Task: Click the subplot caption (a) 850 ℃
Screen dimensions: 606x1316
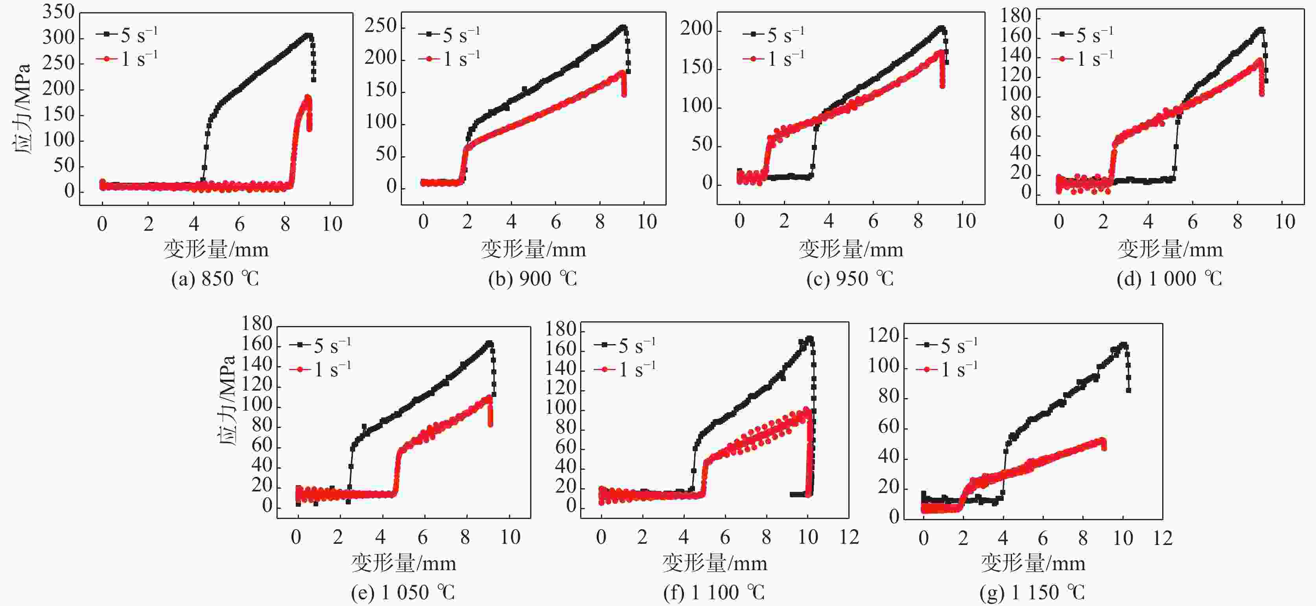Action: [x=215, y=279]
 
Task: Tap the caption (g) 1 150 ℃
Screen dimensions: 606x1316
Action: [x=1032, y=592]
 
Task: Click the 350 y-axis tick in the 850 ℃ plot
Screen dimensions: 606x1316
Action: [x=59, y=12]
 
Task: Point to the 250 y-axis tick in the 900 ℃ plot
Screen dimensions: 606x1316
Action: [x=381, y=26]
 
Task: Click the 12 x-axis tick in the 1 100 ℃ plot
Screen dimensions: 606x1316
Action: [x=849, y=537]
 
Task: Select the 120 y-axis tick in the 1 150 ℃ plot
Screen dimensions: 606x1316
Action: [x=883, y=335]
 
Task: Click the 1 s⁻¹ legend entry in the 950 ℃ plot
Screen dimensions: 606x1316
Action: [x=774, y=59]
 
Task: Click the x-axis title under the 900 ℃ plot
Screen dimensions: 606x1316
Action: [x=533, y=250]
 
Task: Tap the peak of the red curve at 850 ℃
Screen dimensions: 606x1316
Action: [x=308, y=96]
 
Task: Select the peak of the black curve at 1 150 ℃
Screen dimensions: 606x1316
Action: [x=1122, y=344]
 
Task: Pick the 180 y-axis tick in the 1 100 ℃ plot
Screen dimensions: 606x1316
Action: [x=560, y=329]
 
